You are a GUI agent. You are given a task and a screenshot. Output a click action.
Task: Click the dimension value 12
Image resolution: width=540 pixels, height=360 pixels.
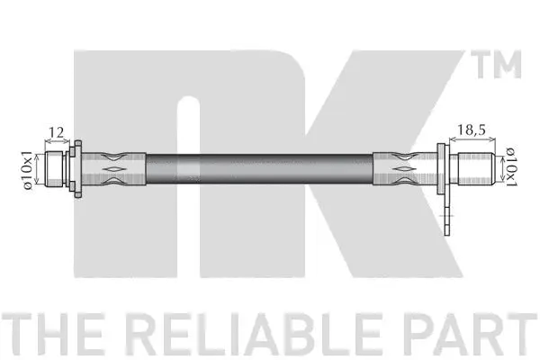57,133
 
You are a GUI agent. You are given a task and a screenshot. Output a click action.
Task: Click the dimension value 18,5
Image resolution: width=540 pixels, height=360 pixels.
474,132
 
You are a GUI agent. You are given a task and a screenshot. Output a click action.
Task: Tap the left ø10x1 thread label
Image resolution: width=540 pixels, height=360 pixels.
28,169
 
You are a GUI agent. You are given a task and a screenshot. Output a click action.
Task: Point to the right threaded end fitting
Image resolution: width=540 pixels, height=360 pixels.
474,166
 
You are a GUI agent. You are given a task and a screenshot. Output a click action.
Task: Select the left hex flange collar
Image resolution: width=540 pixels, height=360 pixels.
77,167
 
